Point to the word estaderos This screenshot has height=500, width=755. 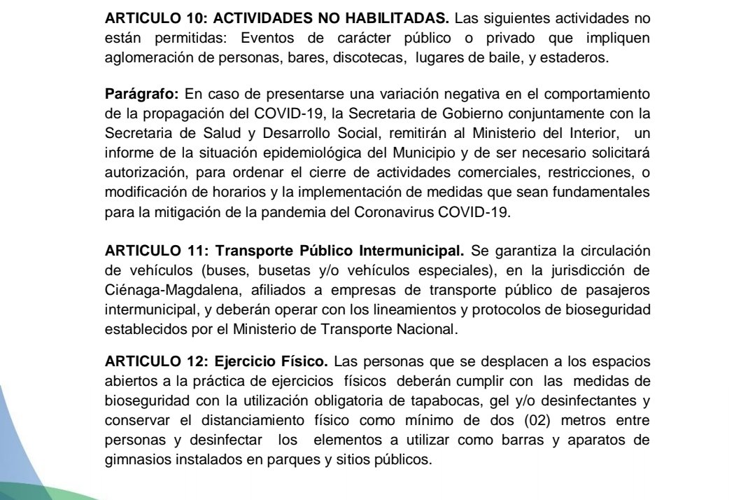[579, 59]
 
